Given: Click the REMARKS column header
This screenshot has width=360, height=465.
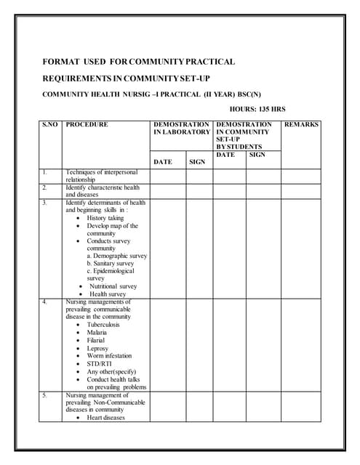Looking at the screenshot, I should point(300,125).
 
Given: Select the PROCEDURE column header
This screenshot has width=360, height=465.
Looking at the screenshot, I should point(87,125).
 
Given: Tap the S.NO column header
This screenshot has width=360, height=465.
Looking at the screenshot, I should point(50,125).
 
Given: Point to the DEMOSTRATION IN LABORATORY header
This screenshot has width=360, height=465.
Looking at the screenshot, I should point(181,129).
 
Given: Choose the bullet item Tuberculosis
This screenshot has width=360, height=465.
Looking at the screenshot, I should point(103,325).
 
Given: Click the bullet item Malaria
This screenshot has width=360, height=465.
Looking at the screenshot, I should point(97,333).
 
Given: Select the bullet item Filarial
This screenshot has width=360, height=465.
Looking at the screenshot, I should point(97,341).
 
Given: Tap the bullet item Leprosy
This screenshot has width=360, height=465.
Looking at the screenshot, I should point(97,349).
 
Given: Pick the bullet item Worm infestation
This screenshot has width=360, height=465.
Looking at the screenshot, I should point(109,356).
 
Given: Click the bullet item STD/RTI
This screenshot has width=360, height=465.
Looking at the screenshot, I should point(100,364).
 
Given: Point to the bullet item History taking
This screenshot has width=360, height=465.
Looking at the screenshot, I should point(105,218).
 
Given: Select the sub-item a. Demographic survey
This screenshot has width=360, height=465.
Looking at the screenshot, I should point(116,256).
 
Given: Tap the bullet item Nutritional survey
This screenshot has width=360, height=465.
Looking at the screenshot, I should point(113,286).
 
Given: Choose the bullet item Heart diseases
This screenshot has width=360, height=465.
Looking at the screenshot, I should point(105,418).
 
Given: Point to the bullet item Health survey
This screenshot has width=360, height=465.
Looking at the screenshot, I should point(108,294).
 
